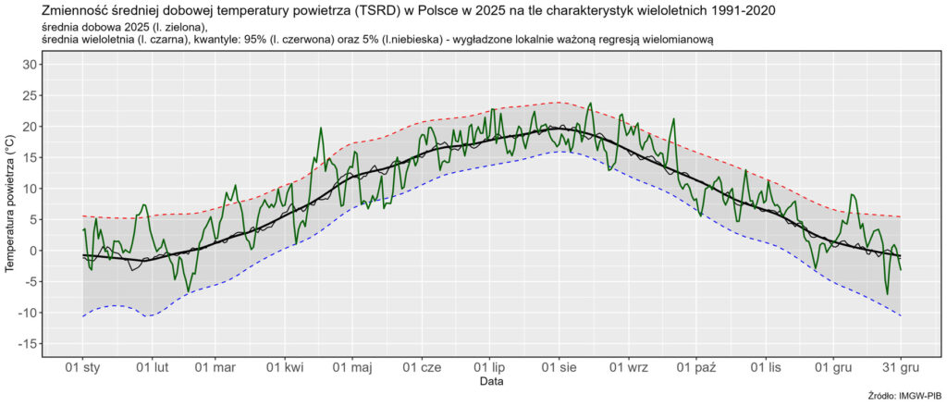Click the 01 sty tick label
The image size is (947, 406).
click(83, 367)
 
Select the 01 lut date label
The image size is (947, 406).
click(153, 367)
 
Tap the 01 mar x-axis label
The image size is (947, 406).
click(215, 367)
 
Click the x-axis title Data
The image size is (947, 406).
click(491, 381)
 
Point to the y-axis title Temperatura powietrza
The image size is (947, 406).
click(10, 204)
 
